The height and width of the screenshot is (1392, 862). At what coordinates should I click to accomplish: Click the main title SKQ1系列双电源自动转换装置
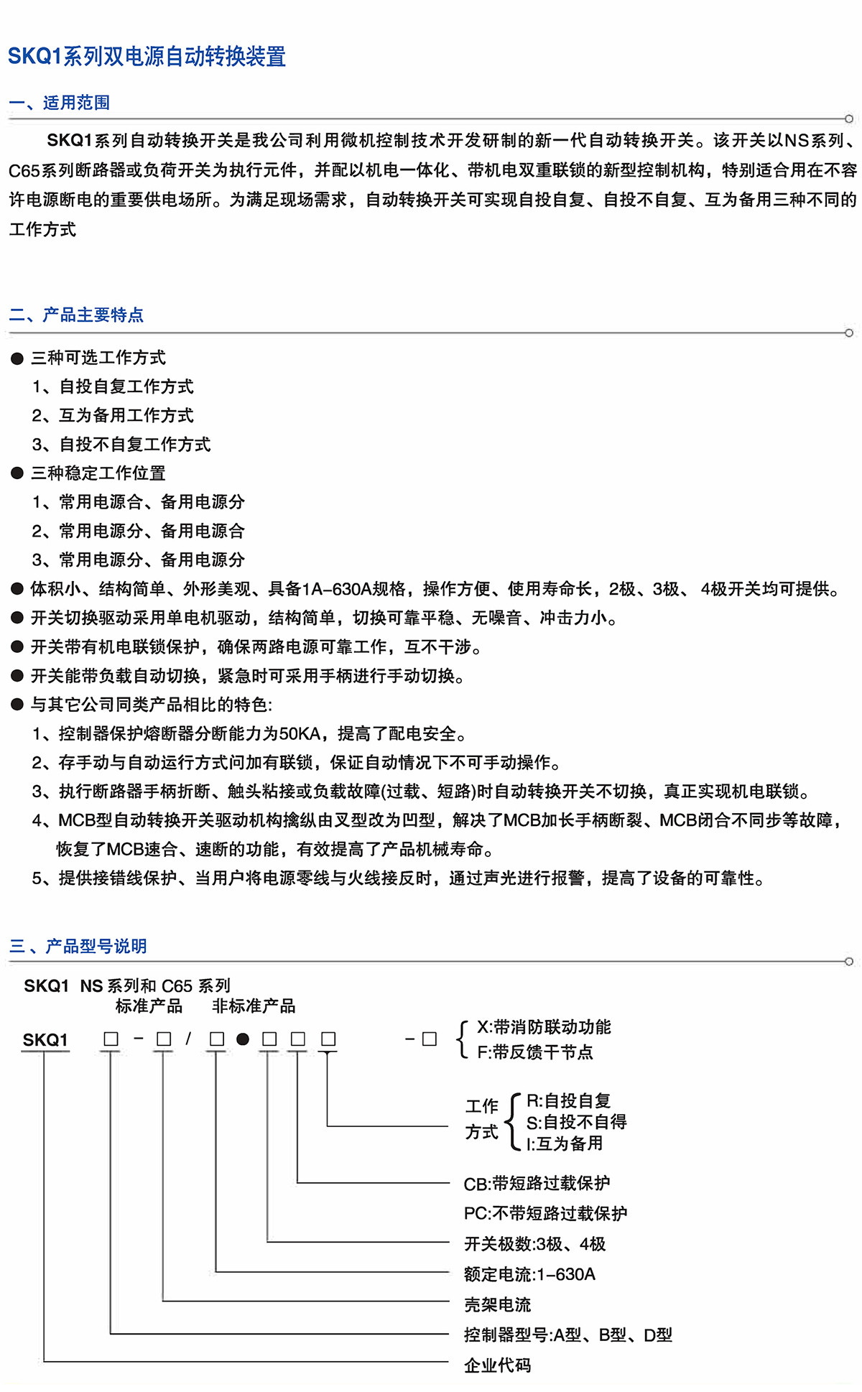coord(147,56)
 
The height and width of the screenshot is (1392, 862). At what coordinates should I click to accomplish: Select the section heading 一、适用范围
coord(59,103)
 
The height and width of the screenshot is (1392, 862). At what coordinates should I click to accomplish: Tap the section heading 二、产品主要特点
coord(76,315)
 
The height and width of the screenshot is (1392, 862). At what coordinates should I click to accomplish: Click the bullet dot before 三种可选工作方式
coord(17,358)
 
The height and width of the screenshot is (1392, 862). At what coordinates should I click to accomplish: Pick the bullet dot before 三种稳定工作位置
coord(17,473)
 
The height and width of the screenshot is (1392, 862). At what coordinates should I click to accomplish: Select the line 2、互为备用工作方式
coord(113,415)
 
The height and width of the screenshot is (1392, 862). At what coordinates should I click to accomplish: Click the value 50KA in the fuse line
coord(300,733)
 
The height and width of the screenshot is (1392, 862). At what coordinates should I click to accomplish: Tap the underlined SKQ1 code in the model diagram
coord(45,1040)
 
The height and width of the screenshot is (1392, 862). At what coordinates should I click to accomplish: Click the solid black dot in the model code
coord(243,1039)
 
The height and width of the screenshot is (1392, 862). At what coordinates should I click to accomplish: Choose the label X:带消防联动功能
coord(544,1027)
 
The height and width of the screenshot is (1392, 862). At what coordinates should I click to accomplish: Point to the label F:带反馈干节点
coord(535,1052)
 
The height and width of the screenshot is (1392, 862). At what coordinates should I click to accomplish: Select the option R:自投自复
coord(568,1100)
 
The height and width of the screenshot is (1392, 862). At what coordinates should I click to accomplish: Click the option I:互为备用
coord(565,1143)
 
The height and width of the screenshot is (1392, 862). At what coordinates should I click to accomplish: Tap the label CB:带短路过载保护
coord(537,1183)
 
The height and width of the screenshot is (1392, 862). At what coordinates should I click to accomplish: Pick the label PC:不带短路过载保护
coord(545,1213)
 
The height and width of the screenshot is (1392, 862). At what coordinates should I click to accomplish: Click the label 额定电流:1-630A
coord(529,1274)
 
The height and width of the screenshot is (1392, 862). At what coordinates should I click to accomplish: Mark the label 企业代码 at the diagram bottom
coord(497,1365)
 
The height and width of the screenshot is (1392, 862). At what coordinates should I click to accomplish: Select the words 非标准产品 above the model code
coord(254,1006)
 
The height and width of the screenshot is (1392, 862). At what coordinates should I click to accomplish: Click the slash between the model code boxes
coord(188,1039)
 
